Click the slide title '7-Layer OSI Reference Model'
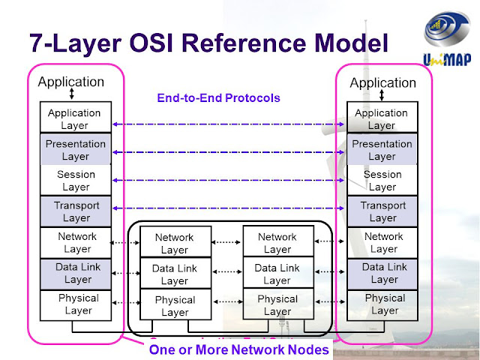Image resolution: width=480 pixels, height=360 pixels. coord(208,43)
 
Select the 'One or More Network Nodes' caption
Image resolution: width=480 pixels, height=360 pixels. coord(238,349)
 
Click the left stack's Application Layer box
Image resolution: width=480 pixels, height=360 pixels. coord(74,119)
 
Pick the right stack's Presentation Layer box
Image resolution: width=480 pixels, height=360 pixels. coord(382,150)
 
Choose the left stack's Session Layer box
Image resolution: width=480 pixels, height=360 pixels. coord(74,181)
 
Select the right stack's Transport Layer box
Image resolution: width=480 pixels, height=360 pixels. coord(382,211)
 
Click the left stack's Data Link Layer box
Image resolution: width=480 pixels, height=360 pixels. coord(74,273)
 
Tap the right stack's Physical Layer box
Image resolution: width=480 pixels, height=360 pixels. coord(382,304)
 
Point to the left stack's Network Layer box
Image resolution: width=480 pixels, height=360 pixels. coord(74,242)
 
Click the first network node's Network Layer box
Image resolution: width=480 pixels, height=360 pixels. coord(174,243)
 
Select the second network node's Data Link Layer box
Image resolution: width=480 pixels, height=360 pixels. coord(277,274)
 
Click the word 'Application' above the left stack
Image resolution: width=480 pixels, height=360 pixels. coord(71,82)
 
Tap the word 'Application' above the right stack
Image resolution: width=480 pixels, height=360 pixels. coord(383,82)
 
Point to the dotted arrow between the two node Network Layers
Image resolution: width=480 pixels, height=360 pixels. coord(226,242)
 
